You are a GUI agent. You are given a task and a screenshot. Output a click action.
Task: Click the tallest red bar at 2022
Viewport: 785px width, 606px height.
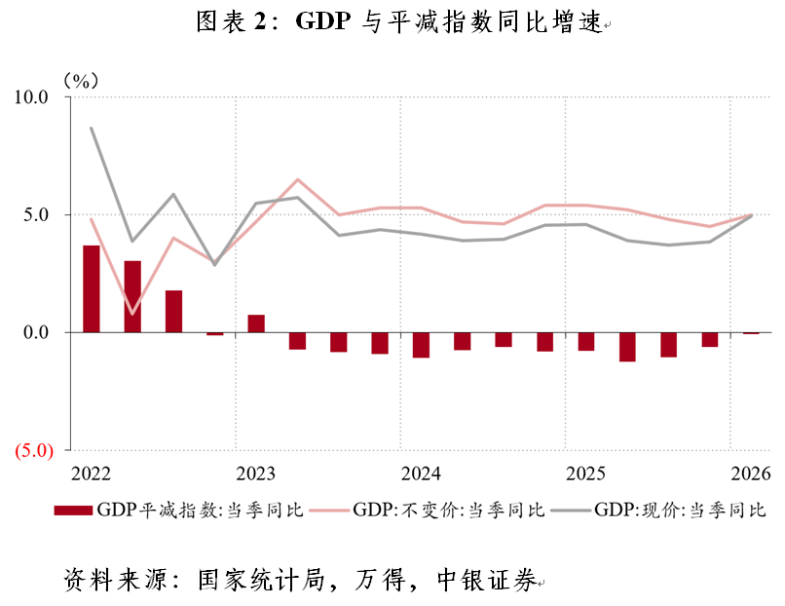(x=92, y=288)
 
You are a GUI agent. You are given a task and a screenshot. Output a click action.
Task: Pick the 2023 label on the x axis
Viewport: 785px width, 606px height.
(x=256, y=473)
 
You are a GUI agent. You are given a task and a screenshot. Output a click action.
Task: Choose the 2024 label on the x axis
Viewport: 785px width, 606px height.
(x=421, y=473)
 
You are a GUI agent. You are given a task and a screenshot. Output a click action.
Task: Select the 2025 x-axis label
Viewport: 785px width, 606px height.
(x=586, y=473)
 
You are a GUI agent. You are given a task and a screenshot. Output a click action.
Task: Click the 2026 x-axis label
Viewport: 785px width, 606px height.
(x=751, y=473)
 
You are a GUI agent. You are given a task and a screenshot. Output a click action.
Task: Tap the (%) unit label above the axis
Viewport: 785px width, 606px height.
(x=82, y=79)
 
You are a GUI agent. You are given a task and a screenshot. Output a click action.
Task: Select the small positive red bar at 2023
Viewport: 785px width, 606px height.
(x=256, y=323)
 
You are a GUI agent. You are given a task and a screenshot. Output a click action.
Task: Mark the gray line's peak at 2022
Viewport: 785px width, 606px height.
(x=92, y=128)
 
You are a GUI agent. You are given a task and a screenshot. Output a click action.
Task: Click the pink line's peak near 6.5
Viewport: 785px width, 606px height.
(x=298, y=179)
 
